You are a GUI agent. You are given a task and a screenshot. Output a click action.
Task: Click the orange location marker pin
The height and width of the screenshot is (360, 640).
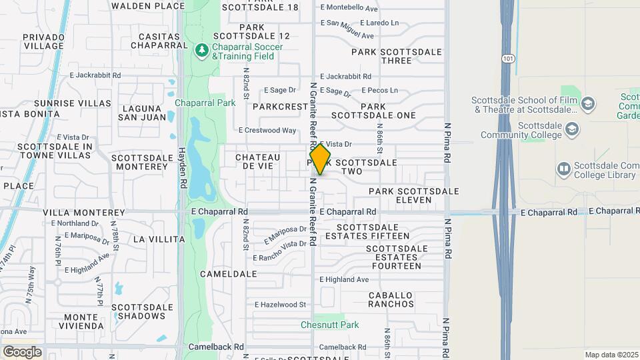(320, 159)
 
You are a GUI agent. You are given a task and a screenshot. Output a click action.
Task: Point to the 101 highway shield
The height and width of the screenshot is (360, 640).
(509, 59)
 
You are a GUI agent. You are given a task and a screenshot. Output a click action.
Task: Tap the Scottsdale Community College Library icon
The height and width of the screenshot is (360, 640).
(564, 169)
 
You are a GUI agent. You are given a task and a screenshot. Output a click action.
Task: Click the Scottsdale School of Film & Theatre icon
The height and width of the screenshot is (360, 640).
(587, 104)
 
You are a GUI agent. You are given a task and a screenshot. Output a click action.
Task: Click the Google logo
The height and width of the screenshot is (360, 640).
(23, 351)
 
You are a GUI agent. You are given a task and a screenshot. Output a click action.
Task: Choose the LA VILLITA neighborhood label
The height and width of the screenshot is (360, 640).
(159, 239)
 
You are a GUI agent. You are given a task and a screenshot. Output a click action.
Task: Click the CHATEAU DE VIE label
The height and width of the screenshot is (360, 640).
(254, 161)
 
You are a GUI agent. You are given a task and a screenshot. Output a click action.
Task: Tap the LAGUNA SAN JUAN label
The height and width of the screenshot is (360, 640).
(141, 113)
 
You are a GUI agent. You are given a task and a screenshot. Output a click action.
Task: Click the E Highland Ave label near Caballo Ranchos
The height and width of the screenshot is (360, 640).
(344, 280)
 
